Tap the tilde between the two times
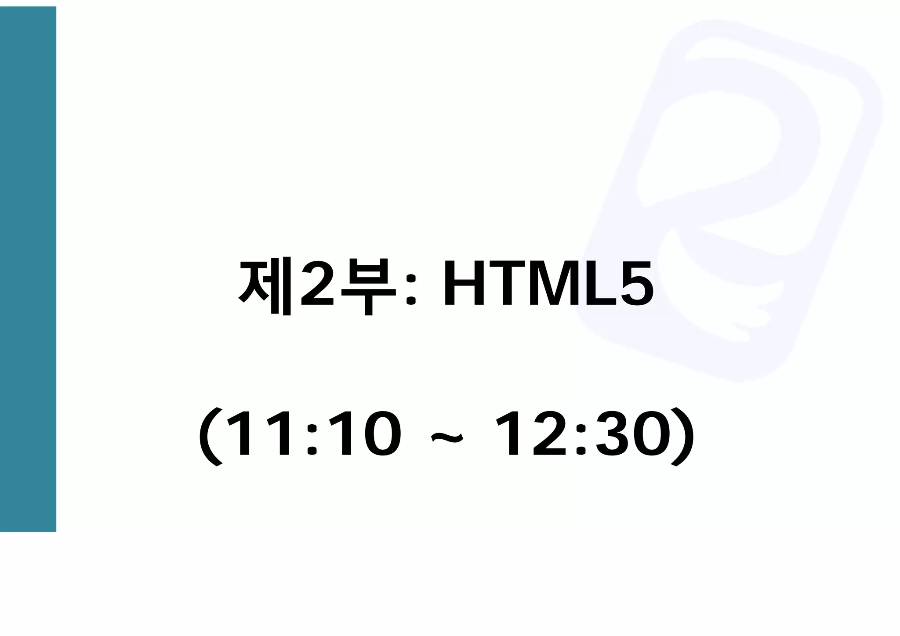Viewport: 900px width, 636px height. (447, 437)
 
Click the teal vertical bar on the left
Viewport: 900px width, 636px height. (28, 269)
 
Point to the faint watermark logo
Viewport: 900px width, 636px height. (729, 132)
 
